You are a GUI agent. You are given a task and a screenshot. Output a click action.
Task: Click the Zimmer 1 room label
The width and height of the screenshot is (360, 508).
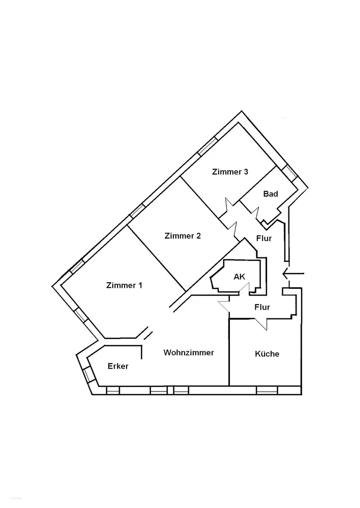124,285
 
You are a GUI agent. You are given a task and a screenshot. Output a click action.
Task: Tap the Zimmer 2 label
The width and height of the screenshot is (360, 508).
183,236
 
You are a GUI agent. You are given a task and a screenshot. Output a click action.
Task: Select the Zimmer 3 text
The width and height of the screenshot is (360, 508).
230,172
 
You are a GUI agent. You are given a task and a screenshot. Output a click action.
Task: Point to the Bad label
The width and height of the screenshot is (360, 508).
271,194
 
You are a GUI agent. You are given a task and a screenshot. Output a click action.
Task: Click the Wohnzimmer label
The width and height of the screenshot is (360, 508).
189,353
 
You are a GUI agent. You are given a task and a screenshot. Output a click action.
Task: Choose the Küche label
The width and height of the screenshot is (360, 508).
267,354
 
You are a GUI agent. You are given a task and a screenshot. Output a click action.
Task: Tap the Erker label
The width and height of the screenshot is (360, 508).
118,366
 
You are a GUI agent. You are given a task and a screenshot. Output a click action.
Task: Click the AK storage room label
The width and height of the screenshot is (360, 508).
239,277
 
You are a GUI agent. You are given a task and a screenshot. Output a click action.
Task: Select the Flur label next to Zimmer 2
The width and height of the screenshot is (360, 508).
264,239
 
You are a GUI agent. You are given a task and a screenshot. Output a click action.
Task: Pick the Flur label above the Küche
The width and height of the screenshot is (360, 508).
262,307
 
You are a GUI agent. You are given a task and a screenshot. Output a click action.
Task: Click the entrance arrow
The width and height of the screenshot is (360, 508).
293,274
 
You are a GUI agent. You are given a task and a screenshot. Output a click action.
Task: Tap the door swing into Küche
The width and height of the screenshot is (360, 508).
260,323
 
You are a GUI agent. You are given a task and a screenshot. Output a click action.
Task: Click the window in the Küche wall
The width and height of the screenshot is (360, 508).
267,390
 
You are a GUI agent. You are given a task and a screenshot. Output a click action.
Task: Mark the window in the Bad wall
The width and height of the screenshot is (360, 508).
289,173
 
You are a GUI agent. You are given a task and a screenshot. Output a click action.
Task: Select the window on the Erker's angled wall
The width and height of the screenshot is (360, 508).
87,376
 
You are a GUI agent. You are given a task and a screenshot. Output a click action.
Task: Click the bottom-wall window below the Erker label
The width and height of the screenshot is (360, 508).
113,390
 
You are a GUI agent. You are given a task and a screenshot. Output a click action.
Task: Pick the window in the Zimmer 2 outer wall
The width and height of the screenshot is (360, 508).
137,211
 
